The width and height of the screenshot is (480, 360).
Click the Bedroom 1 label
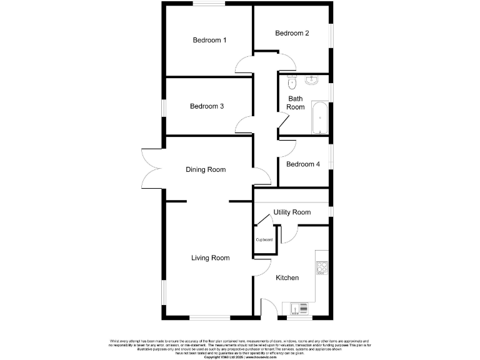(x=209, y=40)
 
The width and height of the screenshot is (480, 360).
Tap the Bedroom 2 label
(x=292, y=33)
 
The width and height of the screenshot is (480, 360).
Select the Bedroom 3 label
(x=207, y=106)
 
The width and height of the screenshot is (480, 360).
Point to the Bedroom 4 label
(x=303, y=164)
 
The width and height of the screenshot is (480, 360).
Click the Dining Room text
(x=206, y=169)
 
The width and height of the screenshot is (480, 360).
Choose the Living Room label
(x=210, y=257)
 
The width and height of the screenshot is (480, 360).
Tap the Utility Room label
(x=292, y=212)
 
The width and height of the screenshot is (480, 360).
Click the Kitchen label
(x=287, y=277)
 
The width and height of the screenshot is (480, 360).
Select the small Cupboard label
(x=264, y=239)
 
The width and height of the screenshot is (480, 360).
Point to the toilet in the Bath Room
(x=291, y=81)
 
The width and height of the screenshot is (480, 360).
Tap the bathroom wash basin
(x=312, y=80)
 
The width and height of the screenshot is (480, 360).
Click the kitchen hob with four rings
(x=322, y=268)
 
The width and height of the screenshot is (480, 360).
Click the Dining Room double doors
(x=152, y=169)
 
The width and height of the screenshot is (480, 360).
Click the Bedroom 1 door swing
(x=243, y=64)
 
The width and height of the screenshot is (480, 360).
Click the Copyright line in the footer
(x=240, y=357)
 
